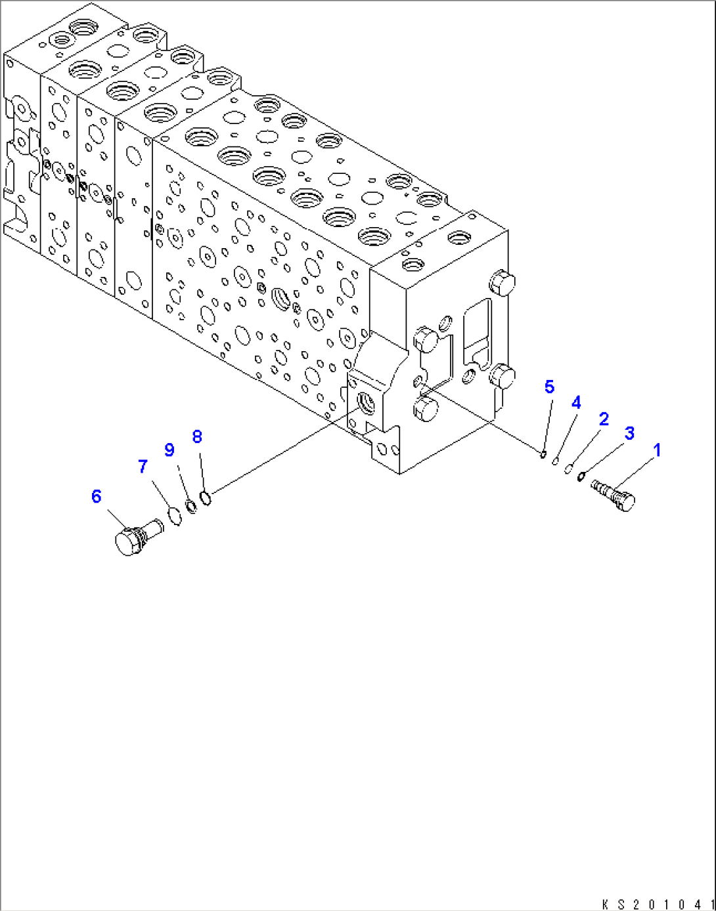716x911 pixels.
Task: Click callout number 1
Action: [x=656, y=450]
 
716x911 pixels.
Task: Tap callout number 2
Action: [x=603, y=419]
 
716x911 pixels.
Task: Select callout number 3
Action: [x=629, y=433]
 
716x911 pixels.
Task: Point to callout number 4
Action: [x=576, y=402]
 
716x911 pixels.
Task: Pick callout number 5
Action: [x=549, y=387]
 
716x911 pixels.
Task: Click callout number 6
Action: [x=97, y=496]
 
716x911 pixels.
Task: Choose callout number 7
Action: [x=143, y=467]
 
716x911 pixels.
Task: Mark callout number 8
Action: [x=197, y=436]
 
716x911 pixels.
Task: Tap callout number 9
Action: [x=169, y=450]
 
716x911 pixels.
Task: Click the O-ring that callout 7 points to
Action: [x=175, y=516]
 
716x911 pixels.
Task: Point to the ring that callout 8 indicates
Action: [x=206, y=499]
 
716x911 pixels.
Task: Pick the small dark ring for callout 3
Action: [x=581, y=476]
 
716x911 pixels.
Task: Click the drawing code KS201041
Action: [x=658, y=903]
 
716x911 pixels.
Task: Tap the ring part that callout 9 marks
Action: [x=192, y=507]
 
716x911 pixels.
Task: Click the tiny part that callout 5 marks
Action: [x=543, y=453]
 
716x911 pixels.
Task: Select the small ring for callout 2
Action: [x=569, y=468]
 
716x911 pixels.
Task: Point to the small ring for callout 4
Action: [x=556, y=461]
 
